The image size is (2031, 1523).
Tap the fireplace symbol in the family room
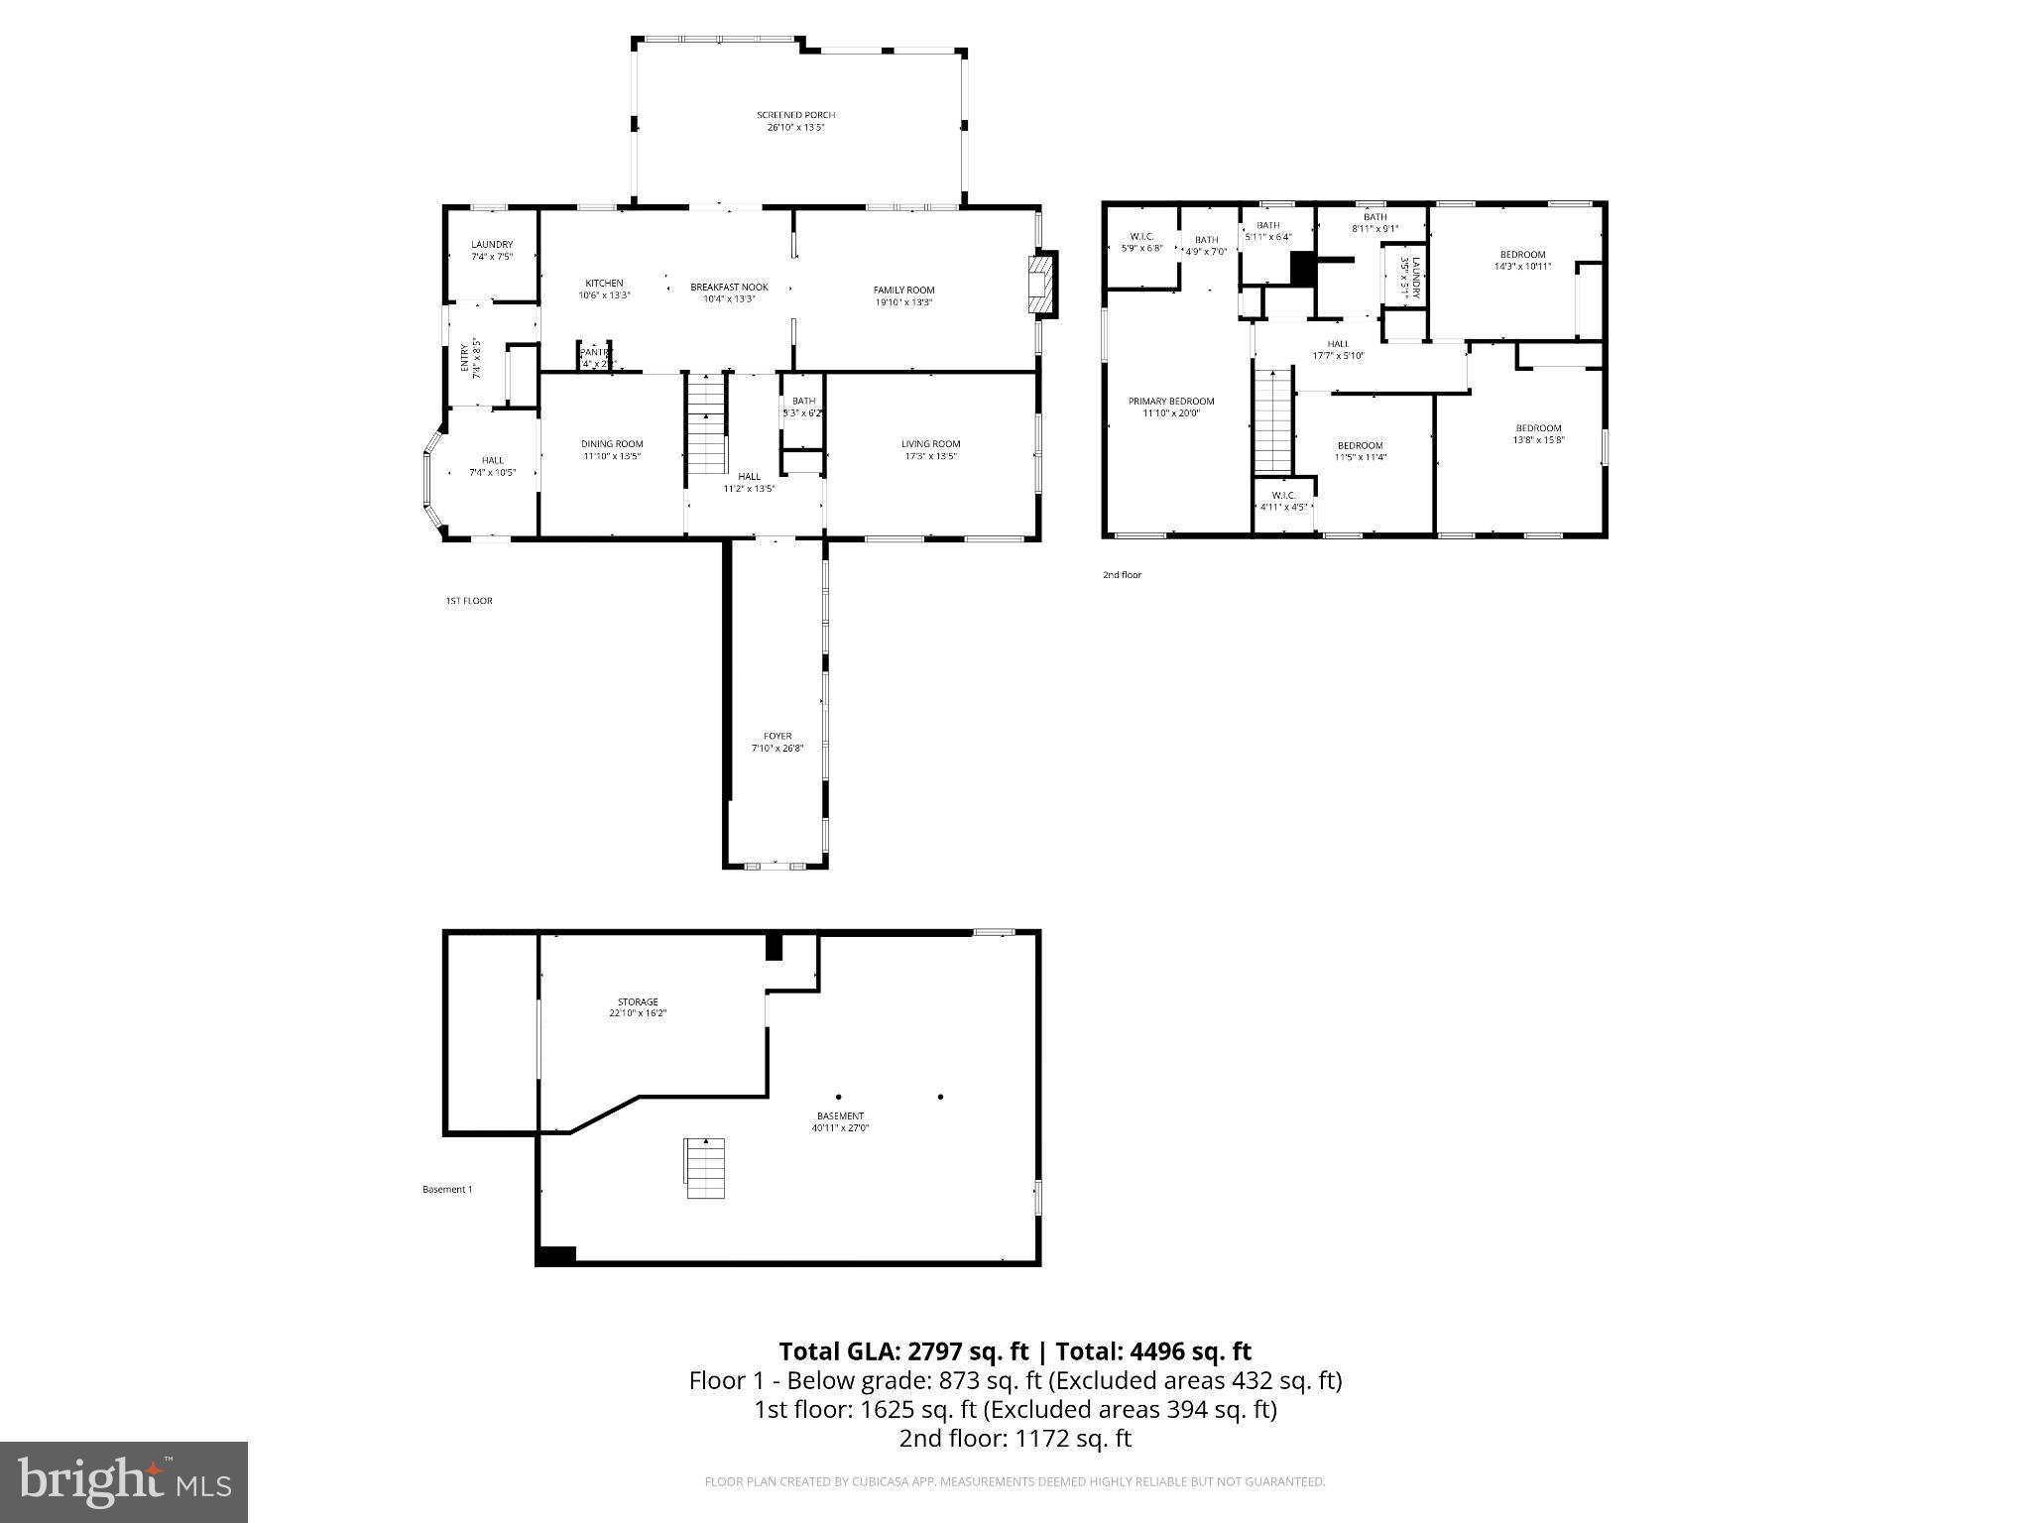click(1041, 285)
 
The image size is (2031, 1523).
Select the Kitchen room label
click(604, 284)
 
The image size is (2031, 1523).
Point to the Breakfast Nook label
click(729, 288)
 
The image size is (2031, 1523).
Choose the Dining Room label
click(612, 444)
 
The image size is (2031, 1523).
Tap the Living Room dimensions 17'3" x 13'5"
click(930, 457)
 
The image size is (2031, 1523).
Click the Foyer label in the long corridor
click(777, 736)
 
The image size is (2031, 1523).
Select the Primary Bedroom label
click(1170, 402)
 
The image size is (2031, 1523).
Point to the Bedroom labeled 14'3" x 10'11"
click(1522, 255)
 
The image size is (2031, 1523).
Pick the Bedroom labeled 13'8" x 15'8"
click(1538, 428)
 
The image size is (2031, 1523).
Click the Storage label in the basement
click(638, 1002)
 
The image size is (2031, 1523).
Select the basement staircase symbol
click(705, 1168)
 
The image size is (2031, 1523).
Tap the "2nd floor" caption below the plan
click(1122, 575)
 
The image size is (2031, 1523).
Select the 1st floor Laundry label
click(492, 245)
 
